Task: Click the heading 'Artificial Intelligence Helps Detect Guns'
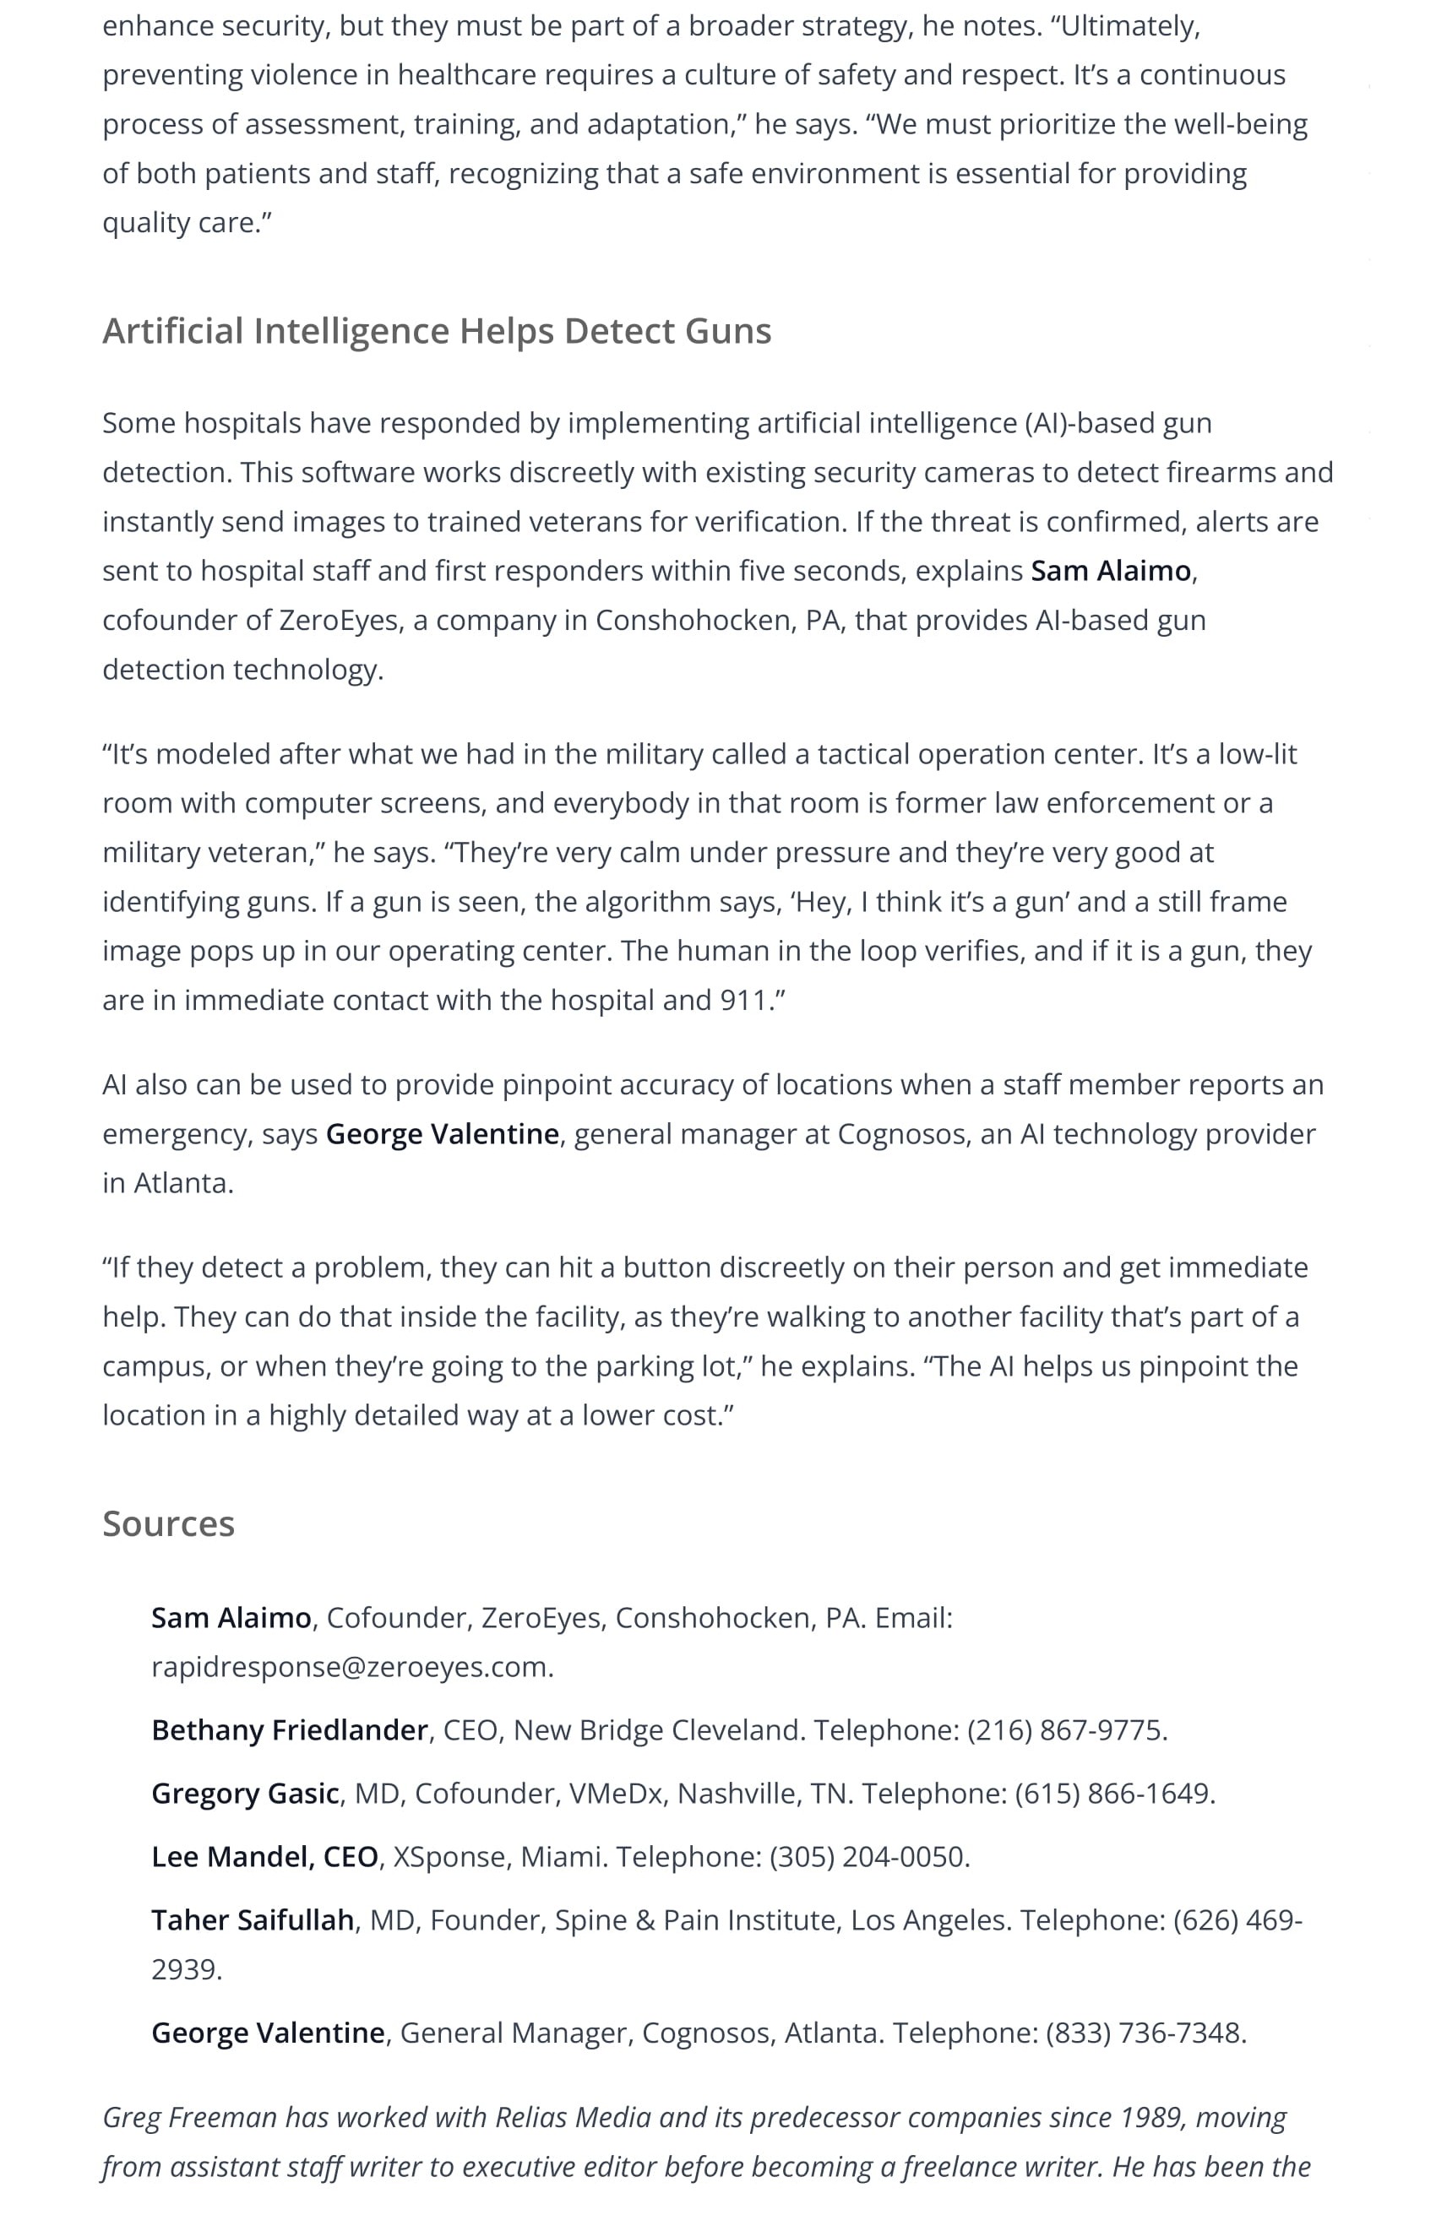coord(437,331)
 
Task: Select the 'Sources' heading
coord(168,1523)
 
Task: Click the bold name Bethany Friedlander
coord(290,1730)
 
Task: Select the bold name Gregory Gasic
coord(245,1794)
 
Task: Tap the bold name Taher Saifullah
coord(253,1920)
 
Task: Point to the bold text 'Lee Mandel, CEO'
coord(264,1857)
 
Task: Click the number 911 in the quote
coord(742,1001)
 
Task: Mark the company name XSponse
coord(449,1857)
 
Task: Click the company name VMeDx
coord(614,1794)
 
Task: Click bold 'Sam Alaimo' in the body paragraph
coord(1110,571)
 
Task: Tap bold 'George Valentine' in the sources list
coord(268,2033)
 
